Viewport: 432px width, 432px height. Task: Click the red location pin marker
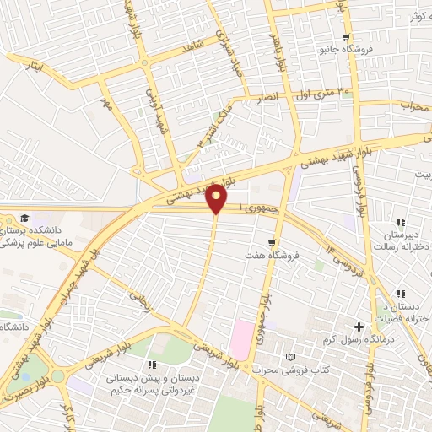216,199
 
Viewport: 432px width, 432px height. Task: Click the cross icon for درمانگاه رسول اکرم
359,326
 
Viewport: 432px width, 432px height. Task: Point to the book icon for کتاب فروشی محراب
291,359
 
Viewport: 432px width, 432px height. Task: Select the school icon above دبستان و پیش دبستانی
153,364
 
